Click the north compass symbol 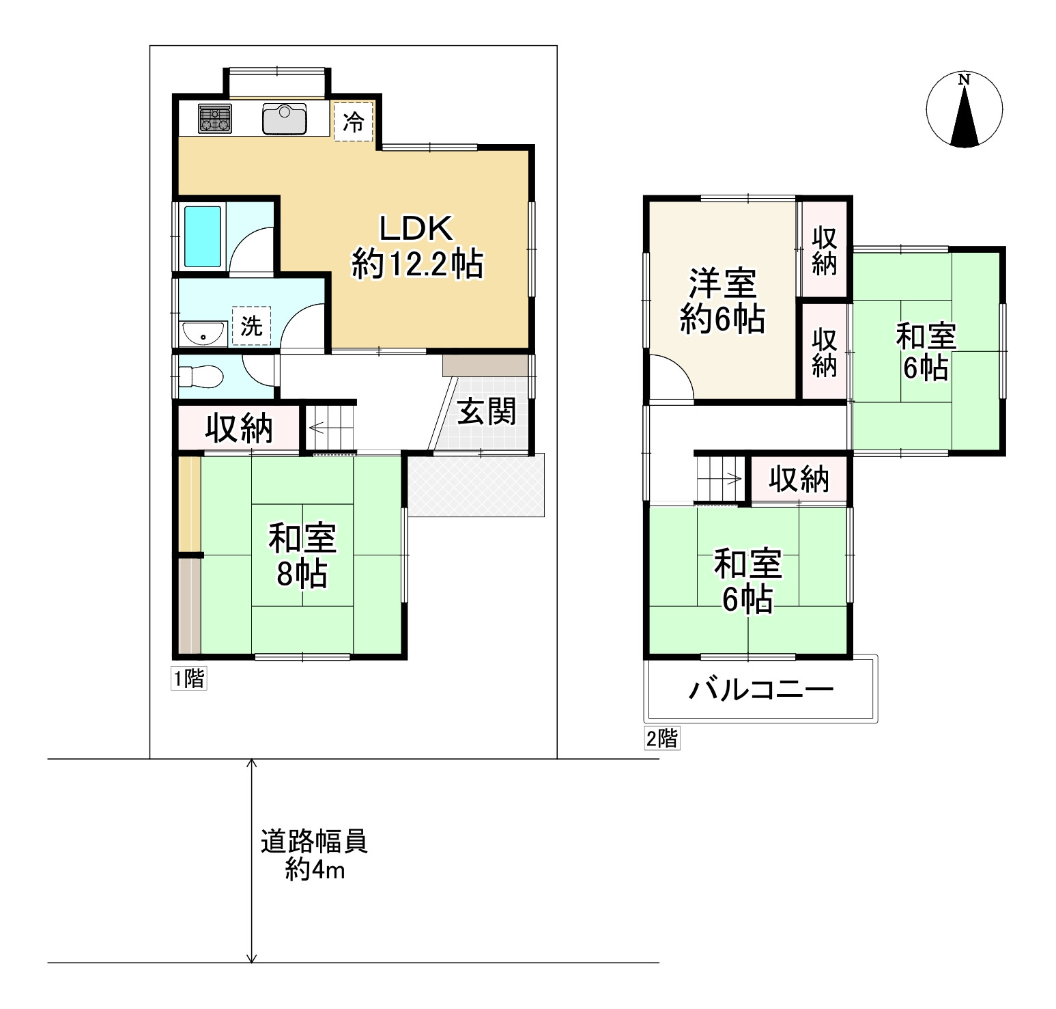pyautogui.click(x=964, y=109)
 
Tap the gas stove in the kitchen pyautogui.click(x=215, y=118)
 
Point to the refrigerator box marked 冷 pyautogui.click(x=354, y=122)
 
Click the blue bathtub pyautogui.click(x=203, y=236)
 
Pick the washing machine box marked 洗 pyautogui.click(x=251, y=326)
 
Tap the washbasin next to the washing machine pyautogui.click(x=204, y=333)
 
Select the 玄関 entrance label pyautogui.click(x=486, y=411)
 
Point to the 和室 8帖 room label pyautogui.click(x=302, y=555)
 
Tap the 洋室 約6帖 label pyautogui.click(x=722, y=301)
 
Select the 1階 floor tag pyautogui.click(x=188, y=679)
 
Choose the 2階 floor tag pyautogui.click(x=662, y=738)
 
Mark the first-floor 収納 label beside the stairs pyautogui.click(x=240, y=428)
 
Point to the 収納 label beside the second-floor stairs pyautogui.click(x=799, y=479)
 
